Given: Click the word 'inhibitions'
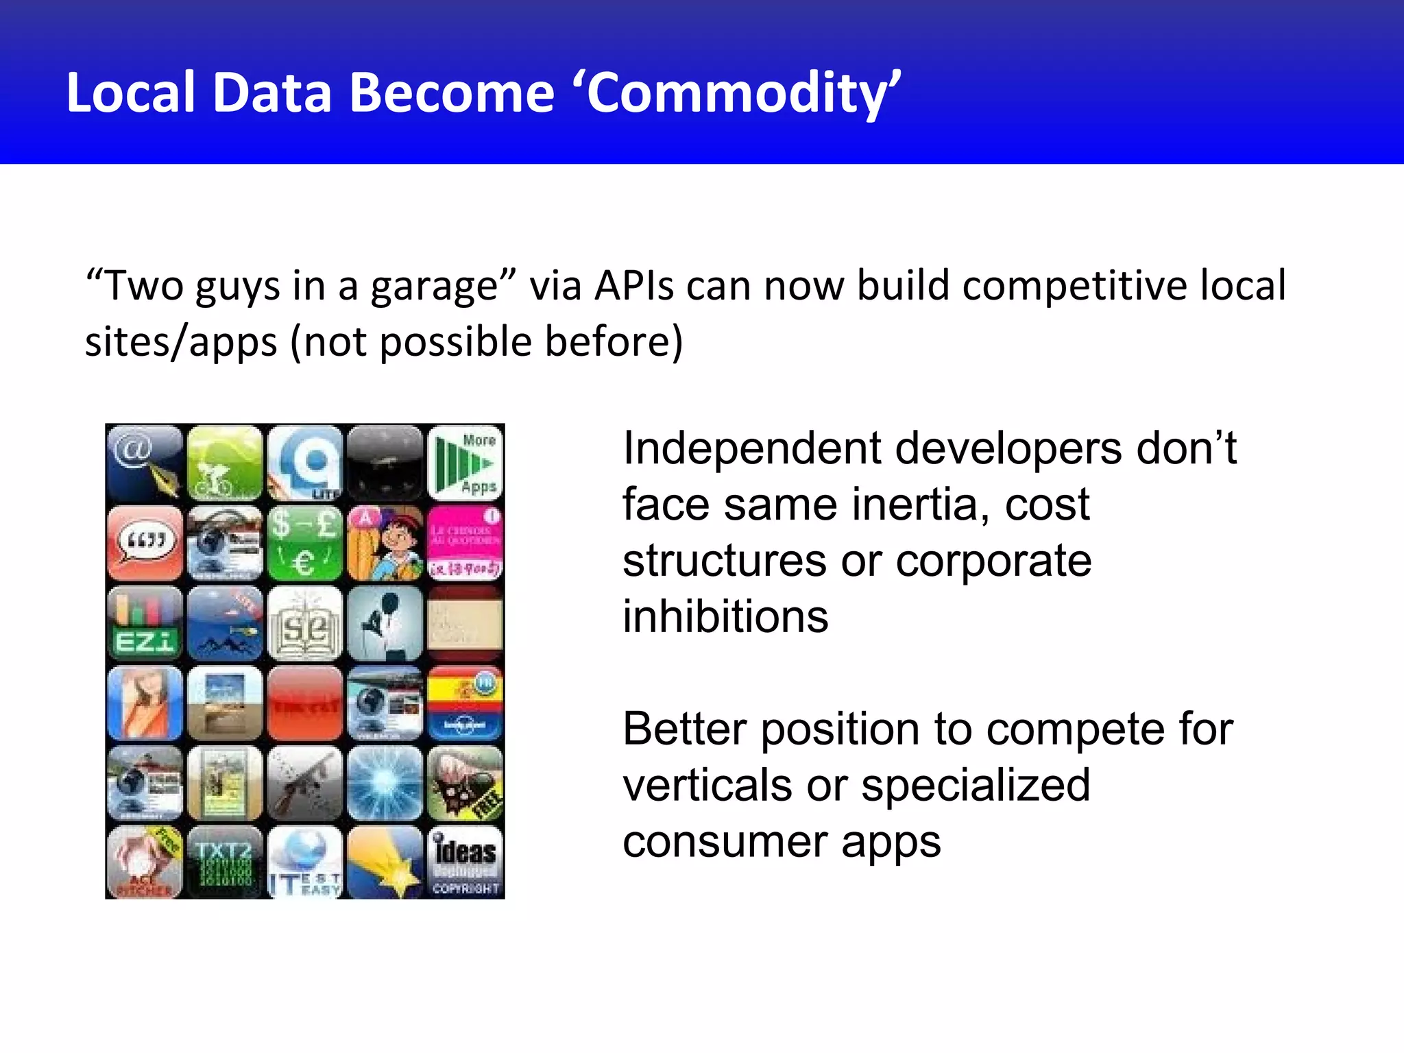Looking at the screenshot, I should [725, 616].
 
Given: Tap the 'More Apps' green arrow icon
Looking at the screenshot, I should [465, 463].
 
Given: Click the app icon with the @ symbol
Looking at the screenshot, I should [145, 463].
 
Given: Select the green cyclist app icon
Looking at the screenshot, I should [225, 463].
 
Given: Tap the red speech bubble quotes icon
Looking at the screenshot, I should [145, 544].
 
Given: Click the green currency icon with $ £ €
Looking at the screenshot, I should [305, 544].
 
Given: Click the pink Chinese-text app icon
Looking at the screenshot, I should [465, 544].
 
